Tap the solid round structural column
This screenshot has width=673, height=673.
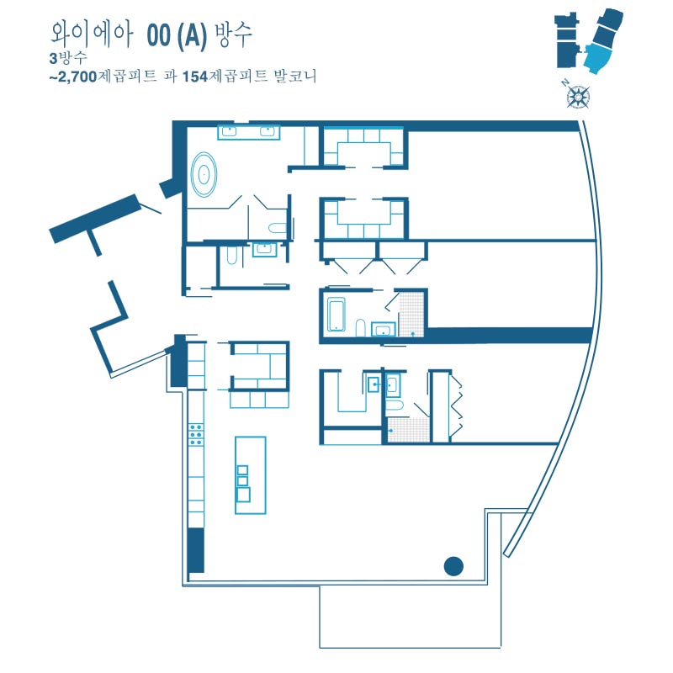pos(453,565)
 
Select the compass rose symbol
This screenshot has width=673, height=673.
pos(579,96)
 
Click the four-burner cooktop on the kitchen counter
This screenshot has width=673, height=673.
pos(196,434)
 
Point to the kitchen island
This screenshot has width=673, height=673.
pos(251,475)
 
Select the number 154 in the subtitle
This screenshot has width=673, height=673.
pos(195,77)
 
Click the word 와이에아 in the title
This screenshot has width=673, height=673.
pos(92,34)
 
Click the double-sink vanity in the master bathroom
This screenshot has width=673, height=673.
pos(249,132)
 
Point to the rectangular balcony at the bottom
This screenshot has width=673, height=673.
pos(410,617)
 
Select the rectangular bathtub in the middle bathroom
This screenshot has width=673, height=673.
pos(336,314)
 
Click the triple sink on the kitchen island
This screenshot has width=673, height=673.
pos(243,483)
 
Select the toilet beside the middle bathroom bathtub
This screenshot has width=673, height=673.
pos(361,327)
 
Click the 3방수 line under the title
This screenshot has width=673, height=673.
pos(68,58)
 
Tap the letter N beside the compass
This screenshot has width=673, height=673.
pos(565,83)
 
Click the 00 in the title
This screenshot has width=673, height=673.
pos(159,35)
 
